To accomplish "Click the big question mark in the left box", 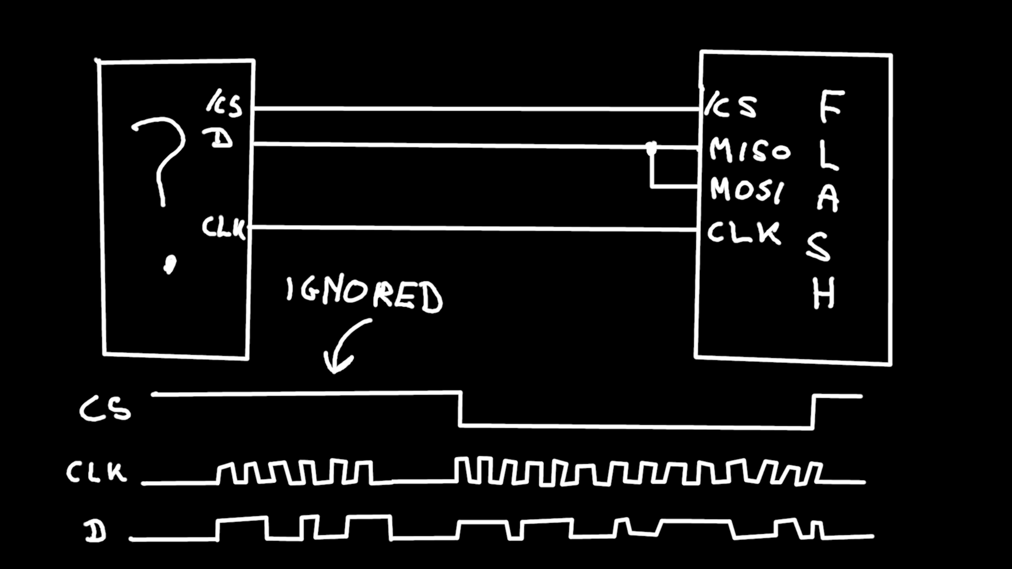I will click(x=161, y=158).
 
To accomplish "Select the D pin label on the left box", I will click(x=218, y=139).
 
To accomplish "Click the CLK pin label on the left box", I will click(x=223, y=228).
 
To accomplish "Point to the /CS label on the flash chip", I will click(x=731, y=106).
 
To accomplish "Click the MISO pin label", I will click(x=750, y=150).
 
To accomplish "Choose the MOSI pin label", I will click(x=747, y=190).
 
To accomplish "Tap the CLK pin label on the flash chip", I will click(x=744, y=232).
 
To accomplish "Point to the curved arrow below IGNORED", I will click(x=343, y=345).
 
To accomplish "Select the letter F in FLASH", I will click(x=831, y=106).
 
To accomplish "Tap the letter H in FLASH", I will click(x=823, y=293).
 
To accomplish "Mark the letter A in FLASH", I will click(x=828, y=198).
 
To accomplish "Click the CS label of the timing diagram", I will click(x=105, y=409).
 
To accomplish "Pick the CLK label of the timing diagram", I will click(x=96, y=472).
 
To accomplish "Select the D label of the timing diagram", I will click(x=95, y=532).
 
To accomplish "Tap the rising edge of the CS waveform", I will click(x=813, y=411).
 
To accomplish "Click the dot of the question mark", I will click(x=169, y=264).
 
